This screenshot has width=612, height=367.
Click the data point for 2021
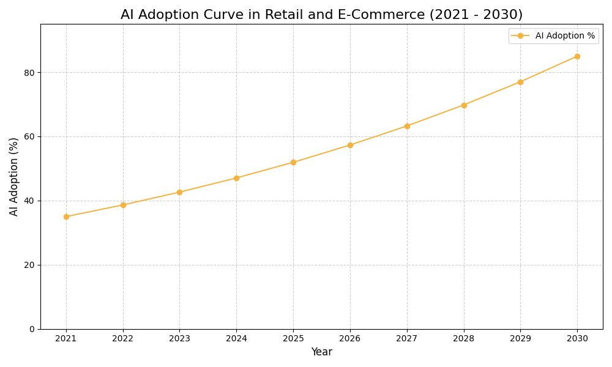[x=66, y=217]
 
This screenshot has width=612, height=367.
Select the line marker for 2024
[x=236, y=178]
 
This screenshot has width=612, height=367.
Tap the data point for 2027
[x=407, y=126]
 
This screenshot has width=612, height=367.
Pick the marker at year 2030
[x=577, y=56]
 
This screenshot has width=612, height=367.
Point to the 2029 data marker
[x=520, y=82]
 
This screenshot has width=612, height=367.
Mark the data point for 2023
[x=179, y=192]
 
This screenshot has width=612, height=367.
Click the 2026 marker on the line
[x=350, y=145]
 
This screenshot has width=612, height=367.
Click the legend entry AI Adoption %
[x=564, y=36]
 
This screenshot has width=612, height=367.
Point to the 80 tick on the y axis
[x=29, y=72]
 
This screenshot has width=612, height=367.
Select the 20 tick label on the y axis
[x=29, y=265]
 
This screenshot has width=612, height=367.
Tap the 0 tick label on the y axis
[x=32, y=329]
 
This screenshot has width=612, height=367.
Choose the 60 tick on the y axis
[x=29, y=136]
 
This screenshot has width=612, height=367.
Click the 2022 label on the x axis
[x=123, y=339]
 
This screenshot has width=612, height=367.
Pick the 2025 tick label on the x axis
[x=293, y=339]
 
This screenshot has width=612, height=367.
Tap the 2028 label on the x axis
[x=464, y=339]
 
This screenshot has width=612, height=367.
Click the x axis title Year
[x=321, y=352]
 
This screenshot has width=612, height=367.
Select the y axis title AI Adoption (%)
[x=14, y=176]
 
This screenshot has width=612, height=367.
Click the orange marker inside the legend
[x=520, y=36]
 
